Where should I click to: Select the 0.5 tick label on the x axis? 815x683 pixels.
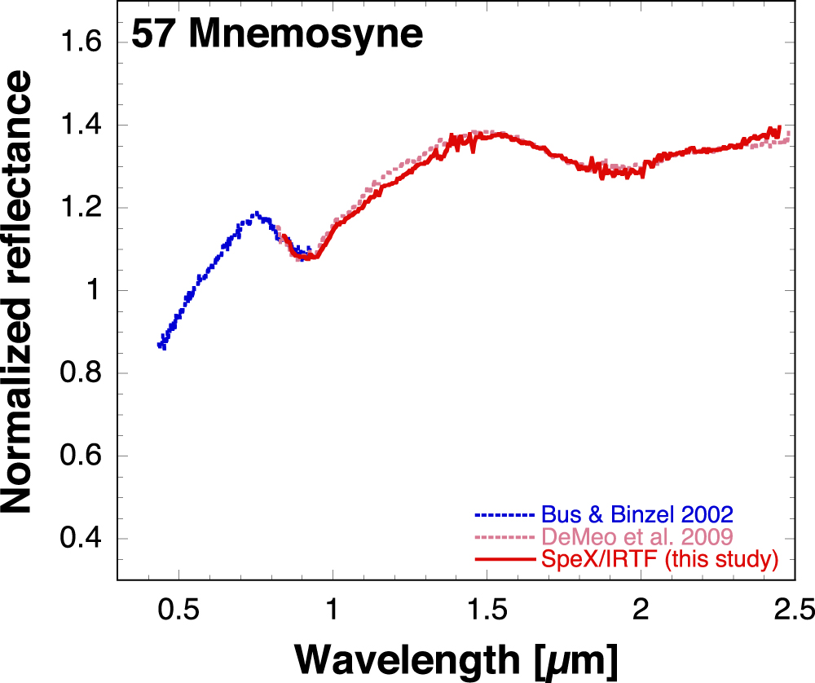(178, 610)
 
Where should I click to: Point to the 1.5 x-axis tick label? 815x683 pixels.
(487, 610)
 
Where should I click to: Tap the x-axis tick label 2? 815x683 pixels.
(641, 610)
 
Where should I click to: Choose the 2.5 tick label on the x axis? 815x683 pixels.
(793, 610)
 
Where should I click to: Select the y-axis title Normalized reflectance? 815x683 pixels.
(18, 291)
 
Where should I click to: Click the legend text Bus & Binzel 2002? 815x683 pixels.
(637, 515)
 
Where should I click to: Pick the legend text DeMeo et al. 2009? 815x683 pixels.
(635, 537)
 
